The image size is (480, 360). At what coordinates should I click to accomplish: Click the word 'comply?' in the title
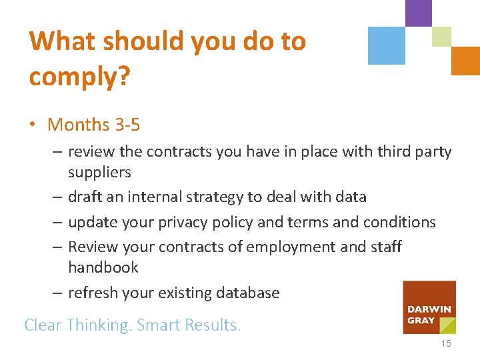point(79,77)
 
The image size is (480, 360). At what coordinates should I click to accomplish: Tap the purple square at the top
point(419,13)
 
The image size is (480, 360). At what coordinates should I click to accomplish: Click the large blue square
point(387,46)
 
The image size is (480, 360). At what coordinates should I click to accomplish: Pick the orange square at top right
point(465,61)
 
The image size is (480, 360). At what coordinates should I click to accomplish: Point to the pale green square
point(441,37)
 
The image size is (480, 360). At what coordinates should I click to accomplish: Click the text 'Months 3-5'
point(94,125)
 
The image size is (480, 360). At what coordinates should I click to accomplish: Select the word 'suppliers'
point(99,173)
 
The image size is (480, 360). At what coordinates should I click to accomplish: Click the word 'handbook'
point(103,267)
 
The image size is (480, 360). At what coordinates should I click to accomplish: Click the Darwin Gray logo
point(429,307)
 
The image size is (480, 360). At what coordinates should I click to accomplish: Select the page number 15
point(445,343)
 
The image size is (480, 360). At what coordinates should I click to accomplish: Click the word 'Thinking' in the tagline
point(98,325)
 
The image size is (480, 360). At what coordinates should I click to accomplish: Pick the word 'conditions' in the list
point(399,222)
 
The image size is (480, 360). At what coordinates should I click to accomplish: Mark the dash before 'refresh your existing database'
point(58,293)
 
